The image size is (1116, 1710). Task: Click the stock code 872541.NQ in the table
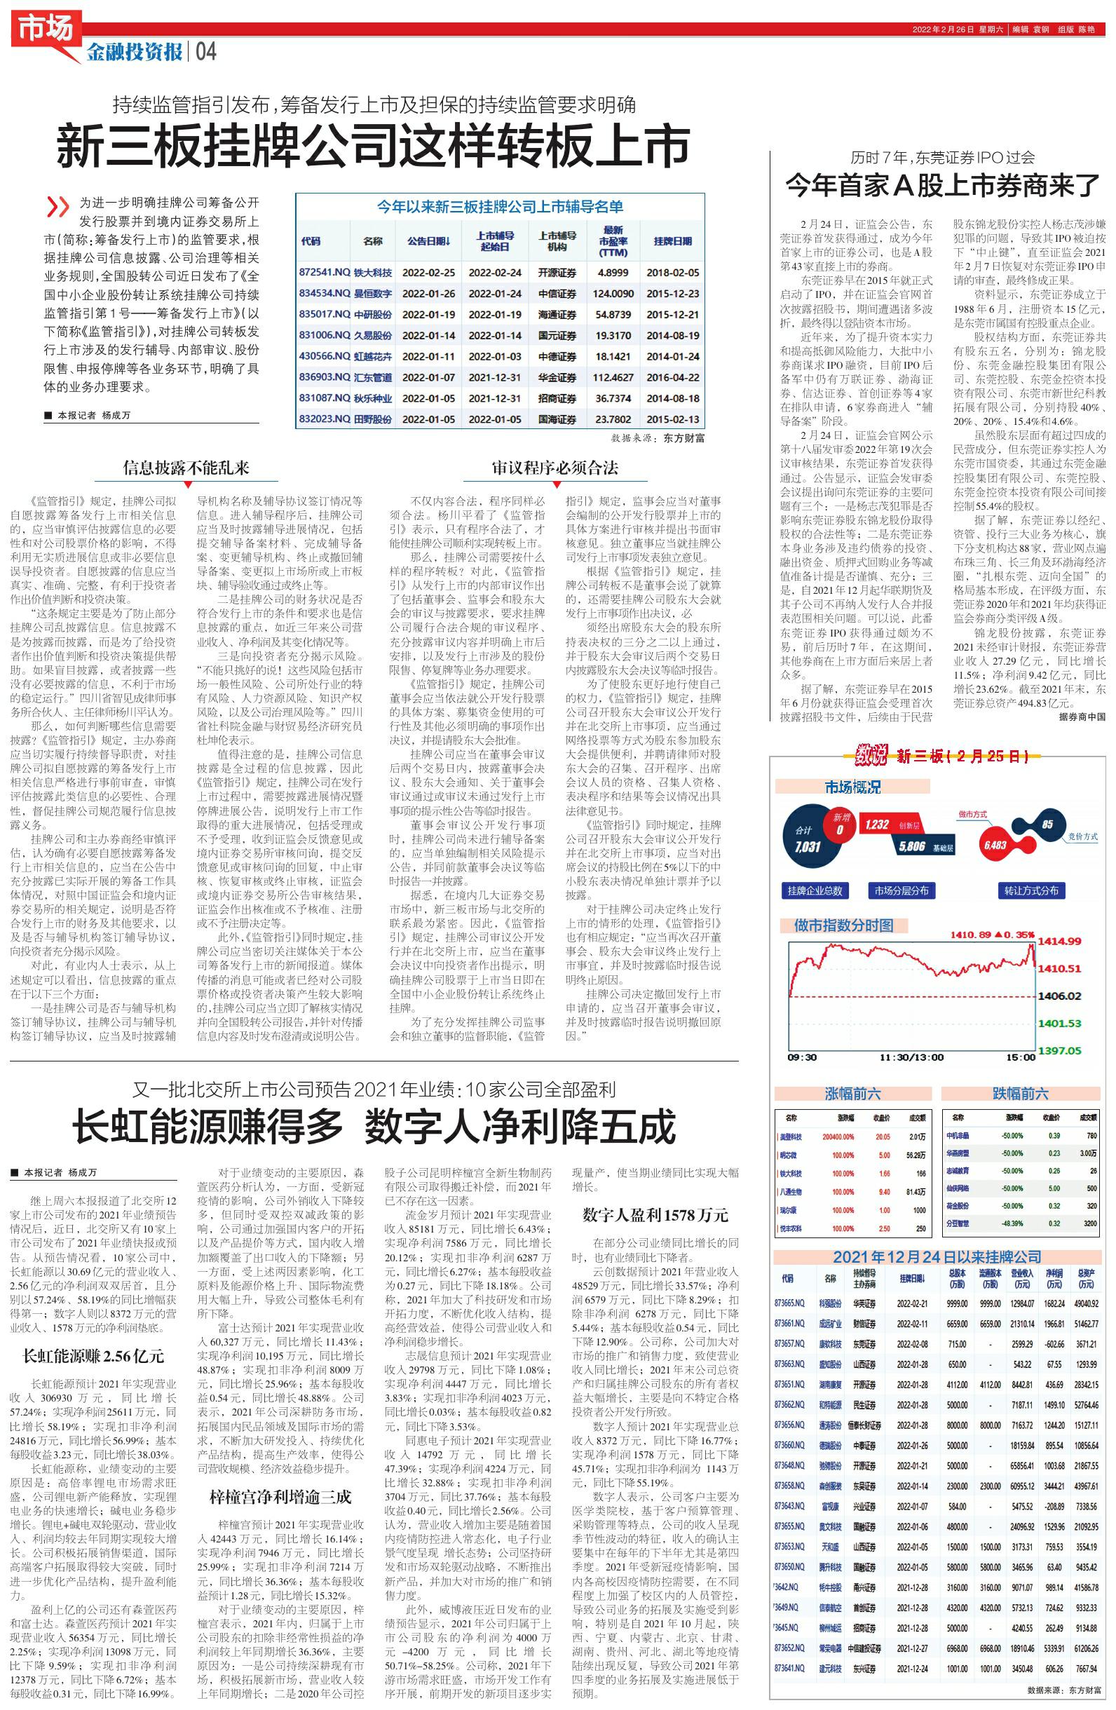324,273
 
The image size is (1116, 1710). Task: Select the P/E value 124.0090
612,294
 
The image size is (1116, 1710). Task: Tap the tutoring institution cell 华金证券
556,377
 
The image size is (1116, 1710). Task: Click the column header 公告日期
428,241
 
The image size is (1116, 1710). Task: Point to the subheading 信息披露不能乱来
186,468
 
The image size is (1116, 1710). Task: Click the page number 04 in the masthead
205,52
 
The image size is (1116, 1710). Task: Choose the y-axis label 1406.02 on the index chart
1059,996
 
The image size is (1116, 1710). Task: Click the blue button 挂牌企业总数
814,891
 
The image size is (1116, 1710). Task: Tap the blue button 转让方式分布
1030,891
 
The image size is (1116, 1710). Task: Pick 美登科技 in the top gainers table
791,1137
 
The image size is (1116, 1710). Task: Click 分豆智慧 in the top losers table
958,1223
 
